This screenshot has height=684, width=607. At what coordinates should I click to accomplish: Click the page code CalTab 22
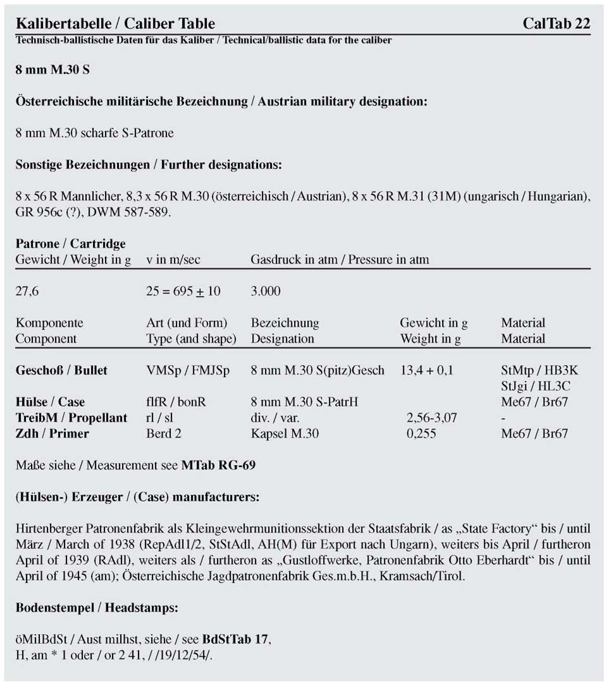[x=556, y=24]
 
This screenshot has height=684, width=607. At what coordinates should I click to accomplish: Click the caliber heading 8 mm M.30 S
[x=52, y=70]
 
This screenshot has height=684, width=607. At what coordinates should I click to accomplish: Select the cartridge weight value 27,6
[x=28, y=291]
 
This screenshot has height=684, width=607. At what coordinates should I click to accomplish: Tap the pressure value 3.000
[x=266, y=291]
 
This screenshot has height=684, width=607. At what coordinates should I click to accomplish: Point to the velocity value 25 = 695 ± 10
[x=183, y=291]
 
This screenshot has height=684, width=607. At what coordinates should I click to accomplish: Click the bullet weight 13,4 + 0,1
[x=426, y=370]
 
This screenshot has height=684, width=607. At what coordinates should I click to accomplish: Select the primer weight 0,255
[x=422, y=433]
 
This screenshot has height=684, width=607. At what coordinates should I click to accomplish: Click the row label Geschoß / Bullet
[x=61, y=370]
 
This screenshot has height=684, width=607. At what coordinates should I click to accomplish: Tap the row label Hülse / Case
[x=50, y=402]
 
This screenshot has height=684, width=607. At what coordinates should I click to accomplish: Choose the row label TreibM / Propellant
[x=71, y=418]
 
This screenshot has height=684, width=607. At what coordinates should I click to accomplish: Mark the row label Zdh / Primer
[x=52, y=433]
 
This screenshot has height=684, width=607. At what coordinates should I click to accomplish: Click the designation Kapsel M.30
[x=285, y=433]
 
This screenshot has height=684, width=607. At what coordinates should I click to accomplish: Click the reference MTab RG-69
[x=218, y=466]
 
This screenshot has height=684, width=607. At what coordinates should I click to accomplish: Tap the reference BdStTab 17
[x=236, y=638]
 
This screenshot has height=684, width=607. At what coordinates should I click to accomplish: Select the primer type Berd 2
[x=164, y=433]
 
